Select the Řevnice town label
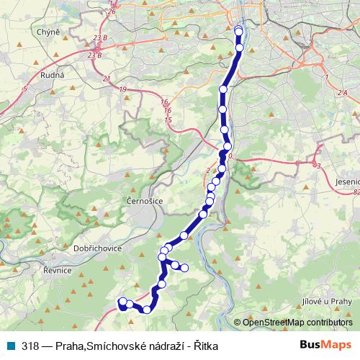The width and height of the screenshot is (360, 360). [58, 270]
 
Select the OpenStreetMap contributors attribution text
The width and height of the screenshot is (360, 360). [297, 323]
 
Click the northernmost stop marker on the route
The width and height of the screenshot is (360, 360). [239, 30]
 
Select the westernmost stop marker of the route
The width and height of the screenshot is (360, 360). [122, 302]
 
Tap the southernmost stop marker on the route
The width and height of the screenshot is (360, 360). [147, 310]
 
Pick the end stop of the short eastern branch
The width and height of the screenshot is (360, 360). [184, 269]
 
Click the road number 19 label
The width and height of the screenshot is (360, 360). [123, 89]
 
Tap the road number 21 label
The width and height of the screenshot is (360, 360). [107, 78]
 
